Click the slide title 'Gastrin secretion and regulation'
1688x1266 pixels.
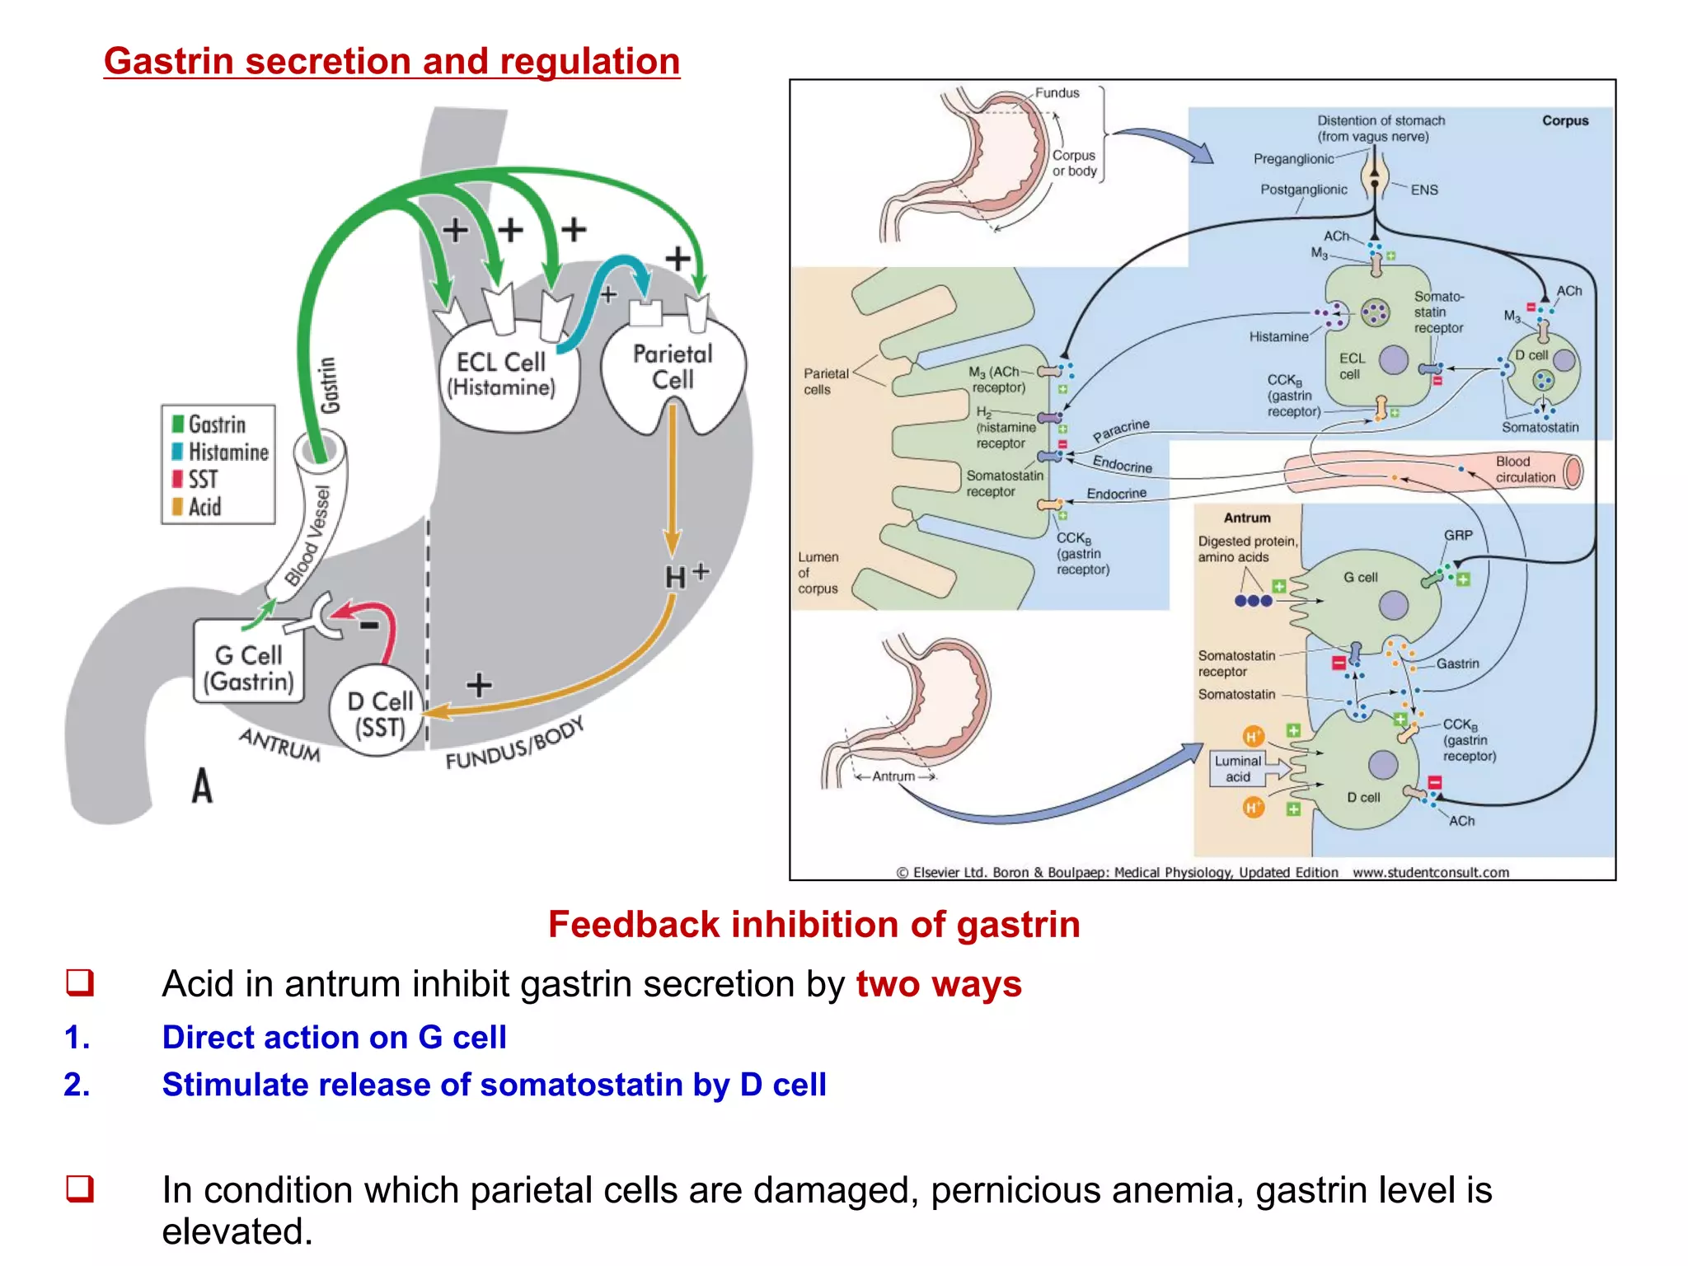coord(392,62)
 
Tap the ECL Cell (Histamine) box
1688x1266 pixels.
coord(501,375)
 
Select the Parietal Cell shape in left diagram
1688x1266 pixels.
coord(673,368)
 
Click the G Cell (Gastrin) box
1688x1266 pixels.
coord(249,668)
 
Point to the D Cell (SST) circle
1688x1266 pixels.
coord(379,714)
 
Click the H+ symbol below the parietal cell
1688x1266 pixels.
coord(684,575)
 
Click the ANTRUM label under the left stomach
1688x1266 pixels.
coord(280,744)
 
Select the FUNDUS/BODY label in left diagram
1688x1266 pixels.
coord(515,744)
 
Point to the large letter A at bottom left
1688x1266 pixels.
coord(202,785)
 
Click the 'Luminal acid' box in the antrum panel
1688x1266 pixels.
coord(1238,768)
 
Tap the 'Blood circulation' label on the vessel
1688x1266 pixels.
coord(1525,469)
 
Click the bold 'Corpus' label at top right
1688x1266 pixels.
coord(1564,120)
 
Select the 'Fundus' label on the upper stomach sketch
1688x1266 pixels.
coord(1057,93)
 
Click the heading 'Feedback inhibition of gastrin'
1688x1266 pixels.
coord(814,925)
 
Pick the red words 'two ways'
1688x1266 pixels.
coord(938,984)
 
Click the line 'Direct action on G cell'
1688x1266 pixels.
coord(334,1037)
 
